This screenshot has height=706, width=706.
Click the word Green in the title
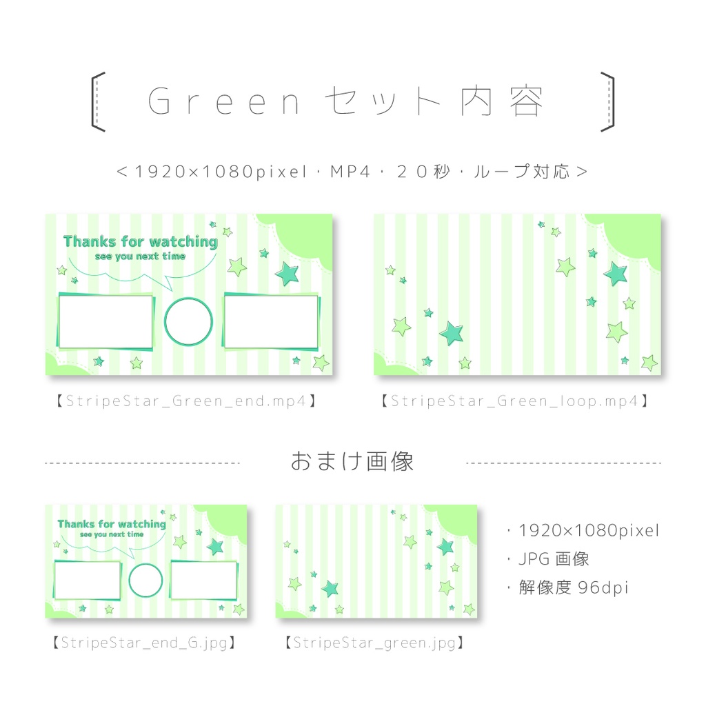(x=225, y=102)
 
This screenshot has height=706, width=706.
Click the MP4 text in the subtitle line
(x=352, y=172)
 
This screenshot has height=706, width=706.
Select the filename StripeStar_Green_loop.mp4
(x=514, y=401)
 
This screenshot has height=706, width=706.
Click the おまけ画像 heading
(x=352, y=461)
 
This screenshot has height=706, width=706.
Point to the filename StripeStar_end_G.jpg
(x=145, y=643)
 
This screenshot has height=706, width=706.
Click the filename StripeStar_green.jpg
(x=374, y=643)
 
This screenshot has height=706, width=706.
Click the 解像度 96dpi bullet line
(x=567, y=587)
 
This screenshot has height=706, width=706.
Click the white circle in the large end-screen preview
(x=188, y=321)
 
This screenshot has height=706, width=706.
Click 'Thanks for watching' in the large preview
(x=140, y=241)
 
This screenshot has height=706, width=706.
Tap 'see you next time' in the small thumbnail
(x=112, y=534)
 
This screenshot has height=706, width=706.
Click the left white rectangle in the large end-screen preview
(x=105, y=321)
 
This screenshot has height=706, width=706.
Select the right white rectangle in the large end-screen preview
(x=271, y=322)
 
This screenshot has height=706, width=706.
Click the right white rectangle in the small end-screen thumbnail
(x=203, y=580)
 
